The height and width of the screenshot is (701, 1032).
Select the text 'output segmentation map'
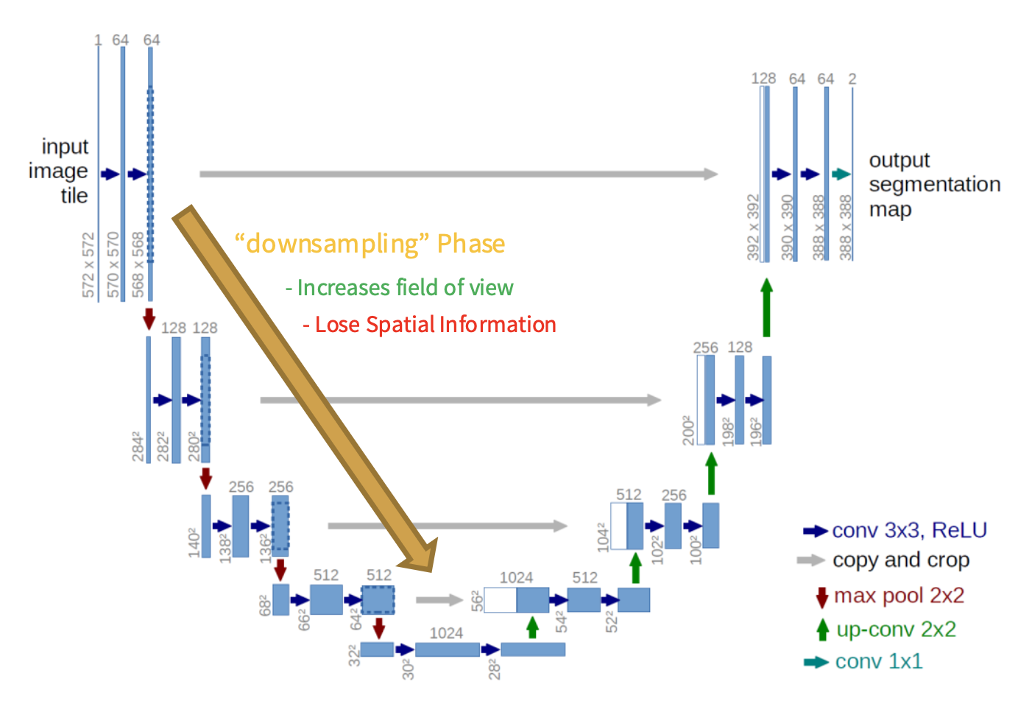pyautogui.click(x=934, y=184)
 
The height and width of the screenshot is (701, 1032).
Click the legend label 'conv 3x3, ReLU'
pyautogui.click(x=909, y=530)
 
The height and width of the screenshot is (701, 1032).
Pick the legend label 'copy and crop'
pyautogui.click(x=901, y=560)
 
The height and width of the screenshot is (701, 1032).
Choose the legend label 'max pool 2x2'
pyautogui.click(x=899, y=595)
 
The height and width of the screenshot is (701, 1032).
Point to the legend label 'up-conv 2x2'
pyautogui.click(x=896, y=630)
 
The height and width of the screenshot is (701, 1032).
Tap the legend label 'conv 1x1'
pyautogui.click(x=878, y=661)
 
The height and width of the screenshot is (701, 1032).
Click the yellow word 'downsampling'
pyautogui.click(x=332, y=244)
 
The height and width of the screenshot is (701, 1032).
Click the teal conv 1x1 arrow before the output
pyautogui.click(x=841, y=175)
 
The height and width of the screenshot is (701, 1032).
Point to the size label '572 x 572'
pyautogui.click(x=89, y=265)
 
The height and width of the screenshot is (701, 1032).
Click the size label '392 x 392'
pyautogui.click(x=753, y=227)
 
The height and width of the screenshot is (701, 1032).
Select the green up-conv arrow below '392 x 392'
pyautogui.click(x=766, y=307)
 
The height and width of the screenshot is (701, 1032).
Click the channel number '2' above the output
pyautogui.click(x=852, y=79)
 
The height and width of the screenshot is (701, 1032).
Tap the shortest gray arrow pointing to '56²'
pyautogui.click(x=439, y=600)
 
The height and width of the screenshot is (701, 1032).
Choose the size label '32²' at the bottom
pyautogui.click(x=354, y=654)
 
